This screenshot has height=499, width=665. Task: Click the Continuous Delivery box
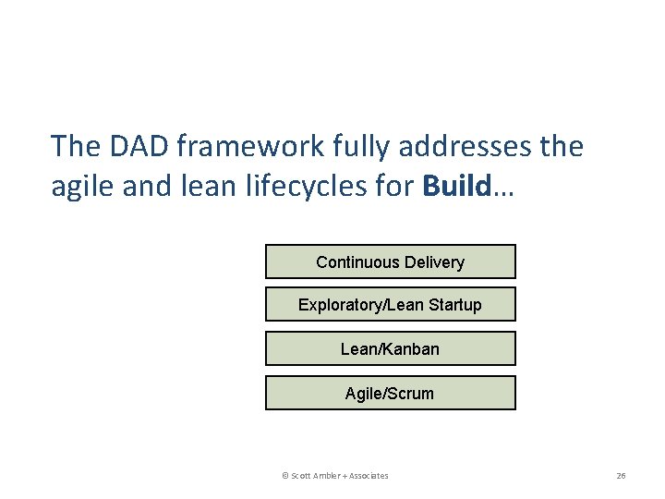pyautogui.click(x=390, y=262)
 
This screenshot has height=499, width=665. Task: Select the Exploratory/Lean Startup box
pyautogui.click(x=390, y=305)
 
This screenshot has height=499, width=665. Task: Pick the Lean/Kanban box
pyautogui.click(x=390, y=349)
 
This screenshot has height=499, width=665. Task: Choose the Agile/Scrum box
pyautogui.click(x=390, y=394)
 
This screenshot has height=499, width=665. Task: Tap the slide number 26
pyautogui.click(x=621, y=476)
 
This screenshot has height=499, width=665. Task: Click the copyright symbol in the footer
pyautogui.click(x=285, y=476)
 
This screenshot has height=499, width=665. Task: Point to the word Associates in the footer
pyautogui.click(x=369, y=476)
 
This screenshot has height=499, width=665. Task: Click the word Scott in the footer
pyautogui.click(x=301, y=476)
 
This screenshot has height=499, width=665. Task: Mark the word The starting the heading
pyautogui.click(x=73, y=146)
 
